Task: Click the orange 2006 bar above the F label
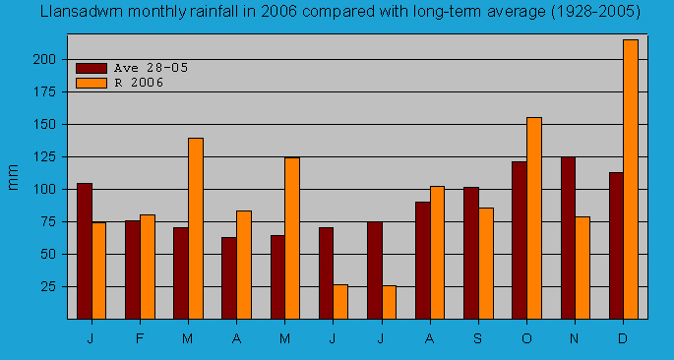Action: click(x=148, y=267)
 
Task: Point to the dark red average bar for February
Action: click(x=132, y=270)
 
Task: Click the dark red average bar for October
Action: click(x=520, y=240)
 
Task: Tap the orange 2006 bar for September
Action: click(x=486, y=263)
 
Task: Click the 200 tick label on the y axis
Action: click(x=42, y=60)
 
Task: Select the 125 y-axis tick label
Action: click(x=42, y=157)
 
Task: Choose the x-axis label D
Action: click(x=623, y=338)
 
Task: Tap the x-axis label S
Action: click(x=478, y=338)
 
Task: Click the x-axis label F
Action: click(x=140, y=338)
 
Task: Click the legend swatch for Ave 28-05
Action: click(x=92, y=68)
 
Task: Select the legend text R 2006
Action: click(x=139, y=83)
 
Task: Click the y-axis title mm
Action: click(x=14, y=178)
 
